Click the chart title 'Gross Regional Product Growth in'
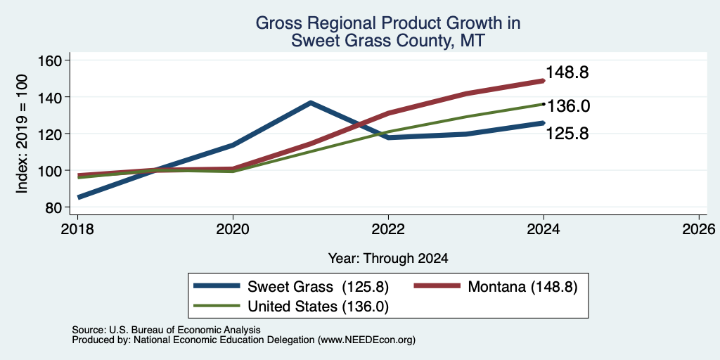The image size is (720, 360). (x=388, y=23)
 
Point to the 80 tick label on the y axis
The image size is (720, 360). (x=53, y=207)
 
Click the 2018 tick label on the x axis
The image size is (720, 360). (x=77, y=229)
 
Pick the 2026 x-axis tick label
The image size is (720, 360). (x=699, y=229)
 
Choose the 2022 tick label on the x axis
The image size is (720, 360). (x=388, y=229)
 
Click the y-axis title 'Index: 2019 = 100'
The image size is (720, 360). (x=22, y=134)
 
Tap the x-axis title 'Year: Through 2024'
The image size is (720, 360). (x=388, y=259)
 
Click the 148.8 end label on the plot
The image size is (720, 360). (x=567, y=72)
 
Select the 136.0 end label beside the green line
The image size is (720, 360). (x=568, y=106)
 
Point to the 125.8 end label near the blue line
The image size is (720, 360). (x=567, y=134)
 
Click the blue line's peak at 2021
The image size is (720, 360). (x=311, y=103)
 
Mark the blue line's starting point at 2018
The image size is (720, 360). (x=79, y=198)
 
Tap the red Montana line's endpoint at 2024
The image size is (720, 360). (x=544, y=81)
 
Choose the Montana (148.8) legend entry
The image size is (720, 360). (x=522, y=287)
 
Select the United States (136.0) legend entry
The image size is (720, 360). (x=319, y=307)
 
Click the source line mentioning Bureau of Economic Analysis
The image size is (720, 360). (x=166, y=330)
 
